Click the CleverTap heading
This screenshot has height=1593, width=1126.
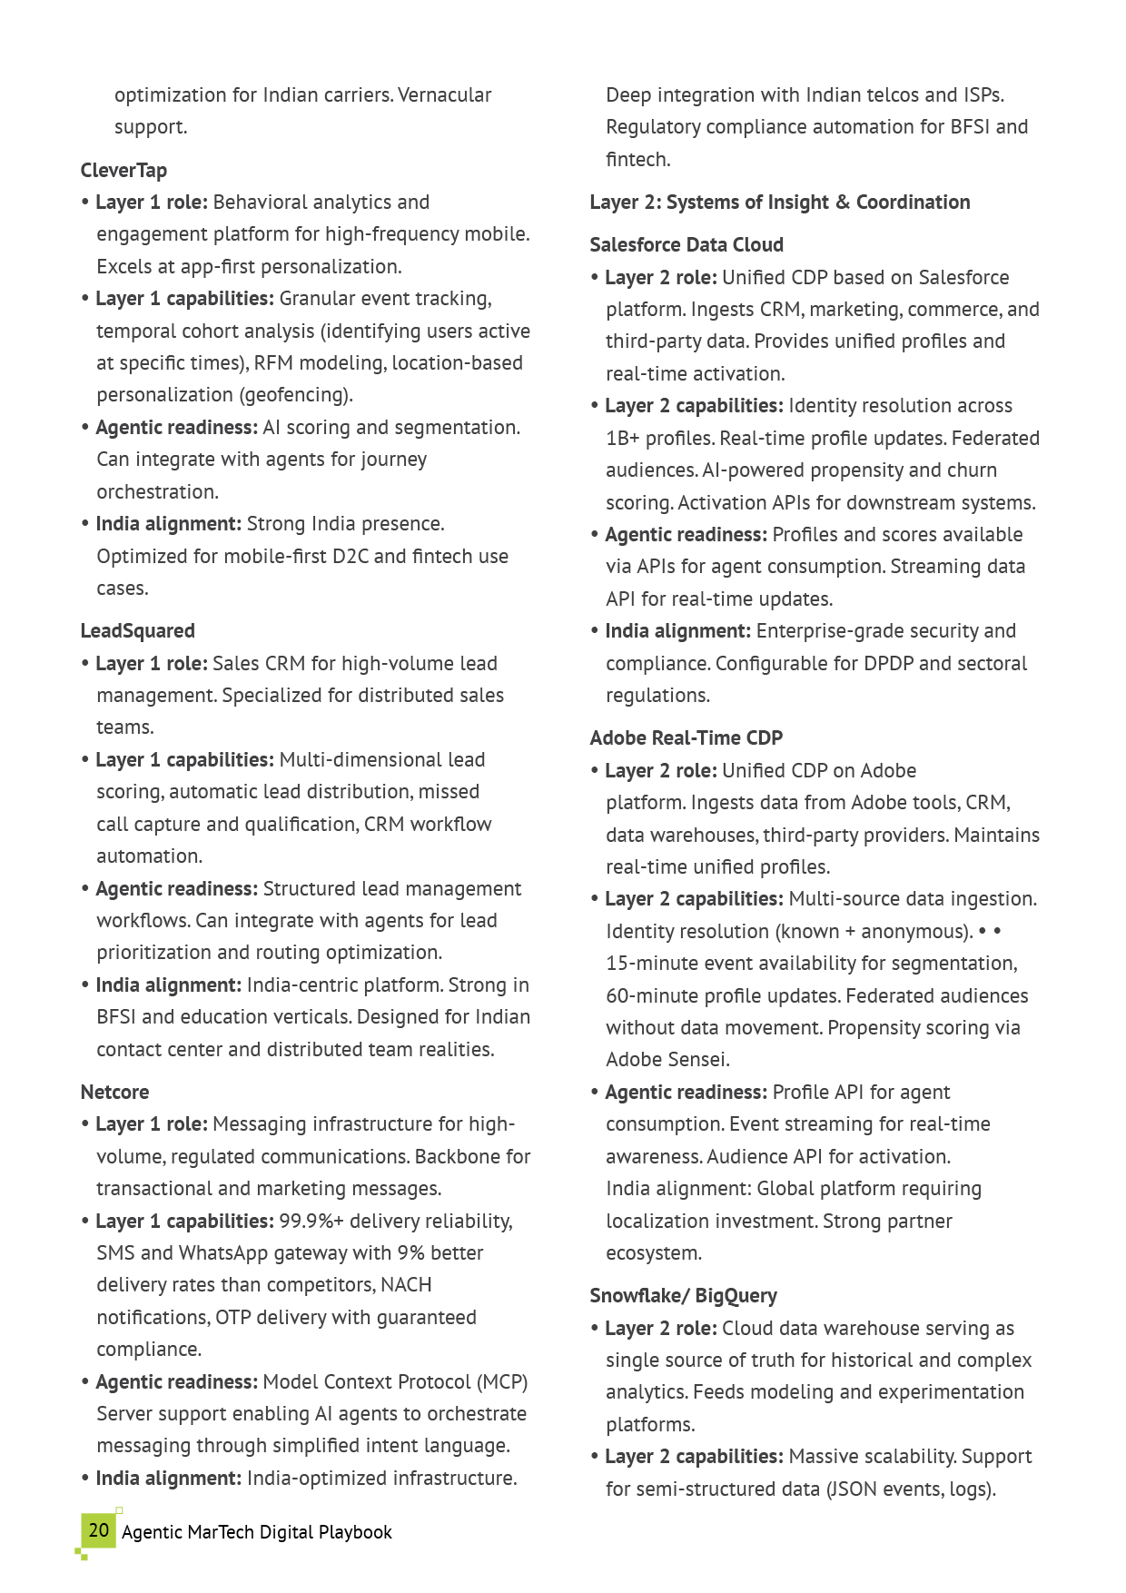(x=123, y=171)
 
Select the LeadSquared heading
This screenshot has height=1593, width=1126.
(x=137, y=631)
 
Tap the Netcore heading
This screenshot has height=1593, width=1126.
(x=114, y=1093)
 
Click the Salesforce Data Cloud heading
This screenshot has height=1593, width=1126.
(x=686, y=245)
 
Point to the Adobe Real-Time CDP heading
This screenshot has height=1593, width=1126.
(x=686, y=738)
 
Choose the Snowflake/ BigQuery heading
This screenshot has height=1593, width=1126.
(x=683, y=1296)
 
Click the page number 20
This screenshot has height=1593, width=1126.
(x=99, y=1530)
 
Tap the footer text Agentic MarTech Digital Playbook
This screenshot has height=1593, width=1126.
(x=257, y=1532)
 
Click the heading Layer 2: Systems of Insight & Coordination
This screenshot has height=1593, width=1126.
(x=779, y=203)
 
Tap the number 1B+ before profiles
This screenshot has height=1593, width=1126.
(x=623, y=439)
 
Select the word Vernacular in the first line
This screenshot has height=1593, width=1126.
(x=445, y=95)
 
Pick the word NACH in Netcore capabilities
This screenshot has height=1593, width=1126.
(x=406, y=1285)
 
